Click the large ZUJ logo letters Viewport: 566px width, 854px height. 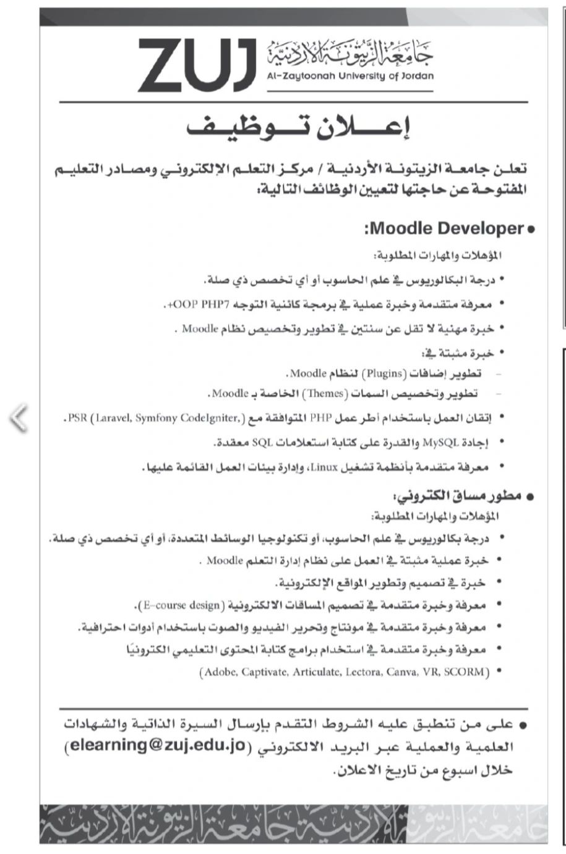[x=196, y=64]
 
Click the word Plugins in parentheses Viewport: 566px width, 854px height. [x=384, y=374]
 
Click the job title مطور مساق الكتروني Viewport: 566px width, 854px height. [x=457, y=497]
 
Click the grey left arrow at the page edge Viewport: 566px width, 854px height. [x=19, y=418]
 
